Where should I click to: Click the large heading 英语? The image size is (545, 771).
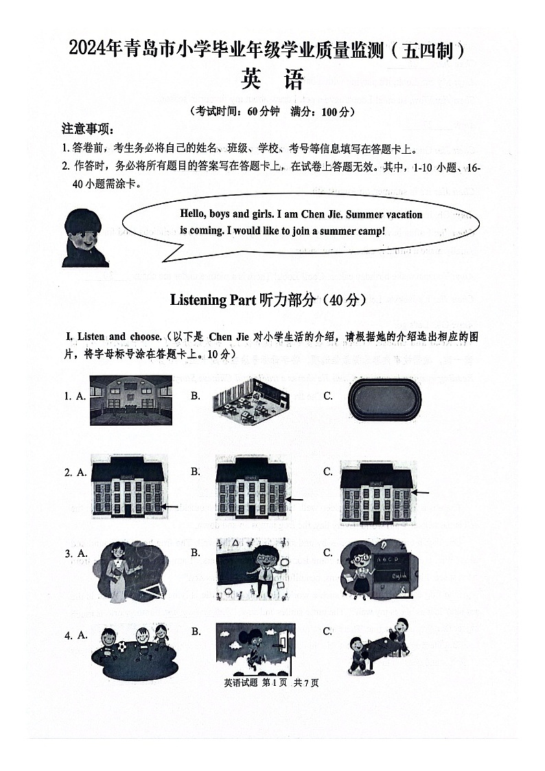[x=272, y=81]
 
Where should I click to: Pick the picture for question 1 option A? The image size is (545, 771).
[x=130, y=400]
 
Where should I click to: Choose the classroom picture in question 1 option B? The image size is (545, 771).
[x=250, y=400]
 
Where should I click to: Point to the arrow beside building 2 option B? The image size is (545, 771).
[x=295, y=500]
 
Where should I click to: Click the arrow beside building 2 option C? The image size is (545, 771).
[x=421, y=492]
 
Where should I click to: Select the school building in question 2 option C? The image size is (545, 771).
[x=376, y=493]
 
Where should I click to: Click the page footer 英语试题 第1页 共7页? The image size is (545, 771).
[x=271, y=682]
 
